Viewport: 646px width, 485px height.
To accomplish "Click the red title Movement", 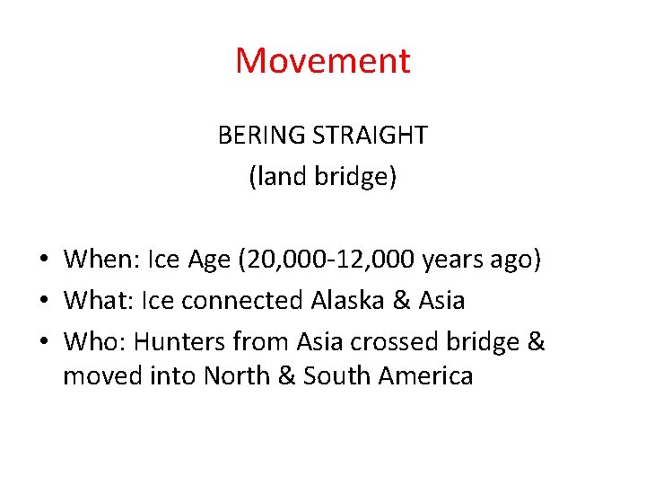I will [323, 61].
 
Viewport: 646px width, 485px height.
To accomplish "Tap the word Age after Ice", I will [207, 260].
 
